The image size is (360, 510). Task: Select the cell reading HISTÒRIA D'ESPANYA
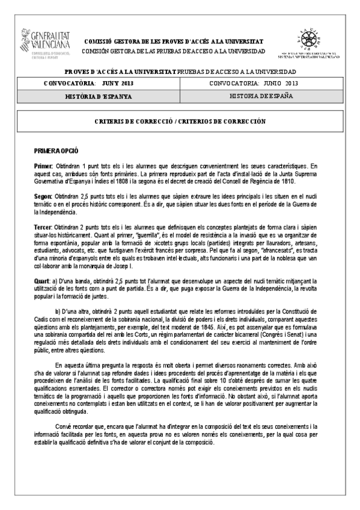coord(99,96)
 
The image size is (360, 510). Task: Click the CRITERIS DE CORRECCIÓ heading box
coord(180,121)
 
